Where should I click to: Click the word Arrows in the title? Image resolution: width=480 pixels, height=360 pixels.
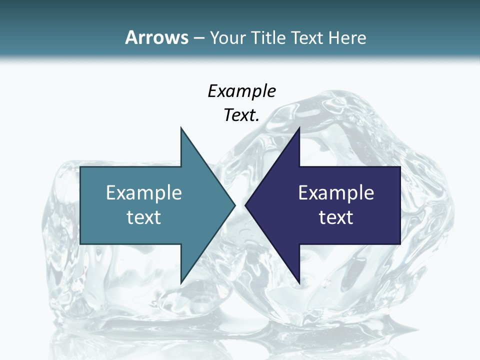[x=156, y=37]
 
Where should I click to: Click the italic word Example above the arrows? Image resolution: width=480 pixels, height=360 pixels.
[x=241, y=91]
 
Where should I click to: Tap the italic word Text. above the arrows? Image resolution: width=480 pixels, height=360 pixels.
[x=241, y=115]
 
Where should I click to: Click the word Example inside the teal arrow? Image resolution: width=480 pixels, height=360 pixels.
[x=144, y=192]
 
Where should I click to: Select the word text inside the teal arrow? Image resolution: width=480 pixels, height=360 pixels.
[x=144, y=217]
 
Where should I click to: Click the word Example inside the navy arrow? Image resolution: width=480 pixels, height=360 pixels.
[x=336, y=192]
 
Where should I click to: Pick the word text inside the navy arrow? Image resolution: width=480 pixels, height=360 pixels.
[x=336, y=217]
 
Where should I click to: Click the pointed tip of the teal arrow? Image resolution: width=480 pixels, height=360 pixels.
[x=234, y=205]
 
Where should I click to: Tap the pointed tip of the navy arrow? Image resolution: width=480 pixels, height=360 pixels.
[x=246, y=205]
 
